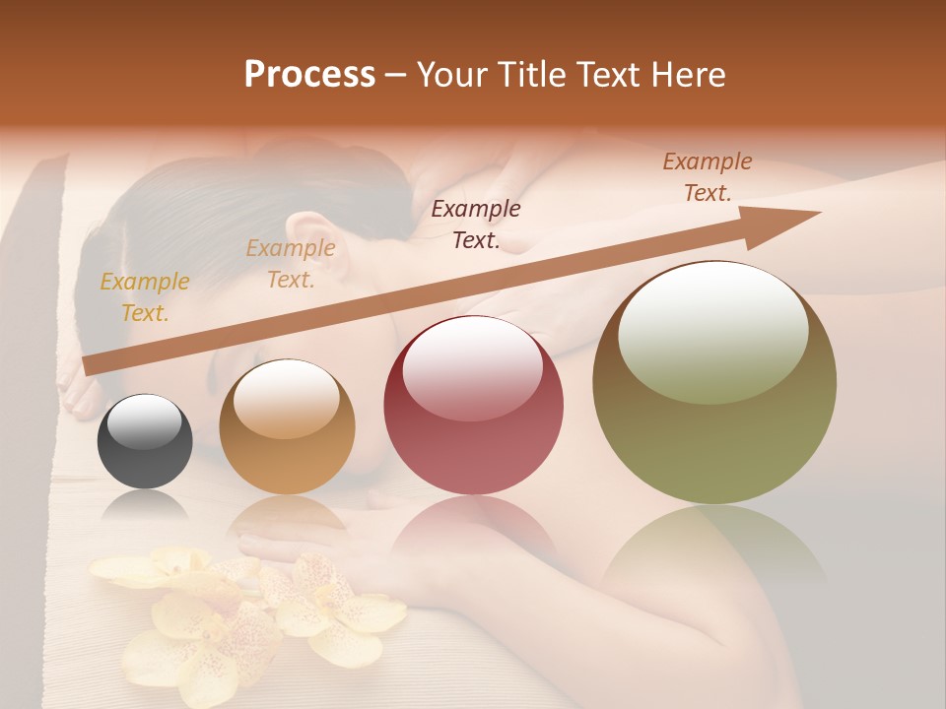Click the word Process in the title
pos(309,75)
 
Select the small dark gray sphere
pos(145,441)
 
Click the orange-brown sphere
pos(287,426)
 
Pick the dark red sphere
pos(473,405)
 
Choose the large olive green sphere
pos(714,383)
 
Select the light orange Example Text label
pos(291,264)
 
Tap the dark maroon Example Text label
pos(476,224)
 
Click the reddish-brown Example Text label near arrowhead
pos(708,177)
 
